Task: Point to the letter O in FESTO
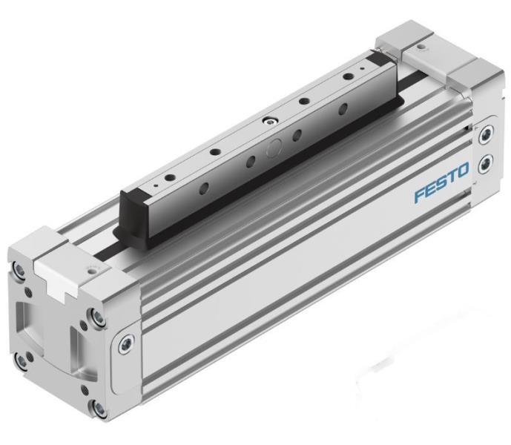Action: (x=462, y=175)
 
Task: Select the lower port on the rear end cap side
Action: (x=486, y=162)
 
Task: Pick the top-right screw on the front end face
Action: (x=93, y=320)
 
